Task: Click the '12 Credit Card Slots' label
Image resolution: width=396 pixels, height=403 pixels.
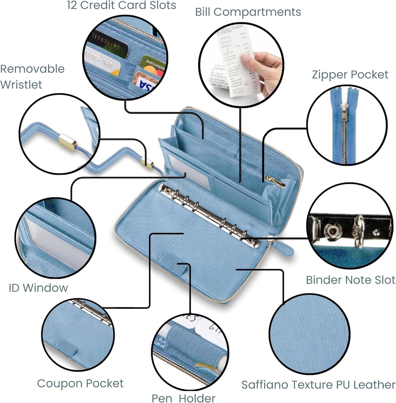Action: (121, 5)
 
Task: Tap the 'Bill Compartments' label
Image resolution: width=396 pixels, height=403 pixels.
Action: (248, 12)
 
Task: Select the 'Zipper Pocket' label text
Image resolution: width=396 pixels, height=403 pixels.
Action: (350, 75)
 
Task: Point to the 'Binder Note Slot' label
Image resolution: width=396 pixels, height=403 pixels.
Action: (350, 280)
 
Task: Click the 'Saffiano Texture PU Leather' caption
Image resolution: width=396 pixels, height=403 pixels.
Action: (318, 385)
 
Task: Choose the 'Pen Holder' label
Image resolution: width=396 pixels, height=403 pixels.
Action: (183, 398)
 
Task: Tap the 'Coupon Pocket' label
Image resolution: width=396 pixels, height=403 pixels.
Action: (80, 383)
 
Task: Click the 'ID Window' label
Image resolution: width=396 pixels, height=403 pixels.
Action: (38, 288)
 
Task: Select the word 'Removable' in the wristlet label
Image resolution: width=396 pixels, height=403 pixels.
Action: (32, 69)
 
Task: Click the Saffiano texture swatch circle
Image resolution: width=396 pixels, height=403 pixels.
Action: (309, 334)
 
